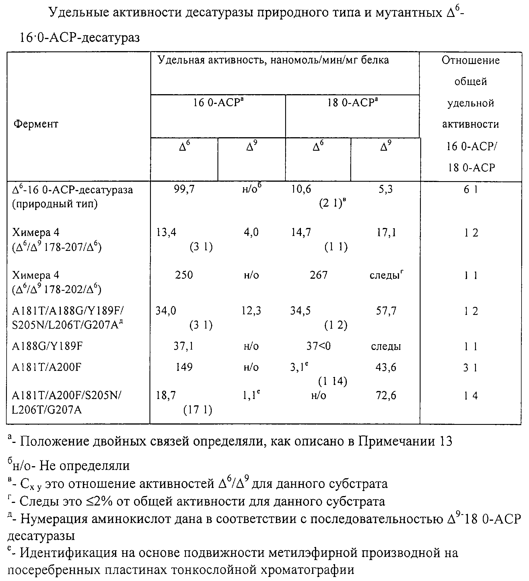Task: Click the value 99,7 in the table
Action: click(x=184, y=189)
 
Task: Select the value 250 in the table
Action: click(x=184, y=275)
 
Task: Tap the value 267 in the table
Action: click(x=318, y=275)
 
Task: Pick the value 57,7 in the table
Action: click(x=386, y=311)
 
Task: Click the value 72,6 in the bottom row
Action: click(x=386, y=395)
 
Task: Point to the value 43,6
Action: click(x=386, y=367)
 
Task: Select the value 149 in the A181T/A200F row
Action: click(x=184, y=367)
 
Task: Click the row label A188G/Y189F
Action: click(x=47, y=346)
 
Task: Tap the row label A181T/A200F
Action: click(x=47, y=367)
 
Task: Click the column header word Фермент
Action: click(x=36, y=124)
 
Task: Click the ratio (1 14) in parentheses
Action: click(x=332, y=381)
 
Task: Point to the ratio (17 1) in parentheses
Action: click(x=198, y=410)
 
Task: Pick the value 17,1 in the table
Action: click(x=386, y=232)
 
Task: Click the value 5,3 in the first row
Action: click(x=386, y=189)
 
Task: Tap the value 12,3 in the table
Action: click(x=251, y=311)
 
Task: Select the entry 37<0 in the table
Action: click(x=318, y=346)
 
